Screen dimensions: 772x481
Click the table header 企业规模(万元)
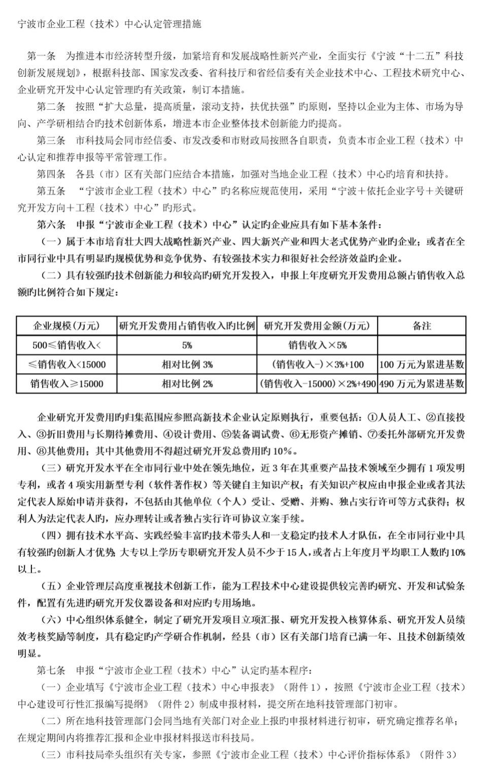point(66,325)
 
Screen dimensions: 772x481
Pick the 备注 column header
point(421,325)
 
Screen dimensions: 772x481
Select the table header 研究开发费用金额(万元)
point(317,325)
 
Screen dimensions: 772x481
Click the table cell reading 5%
point(187,345)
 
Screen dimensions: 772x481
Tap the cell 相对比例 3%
point(187,364)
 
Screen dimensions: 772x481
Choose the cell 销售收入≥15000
point(66,384)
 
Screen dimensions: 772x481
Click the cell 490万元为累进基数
point(421,384)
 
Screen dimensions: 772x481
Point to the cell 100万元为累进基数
point(421,364)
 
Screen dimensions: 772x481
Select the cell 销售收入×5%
point(317,345)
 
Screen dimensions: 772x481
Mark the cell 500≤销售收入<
point(66,345)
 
